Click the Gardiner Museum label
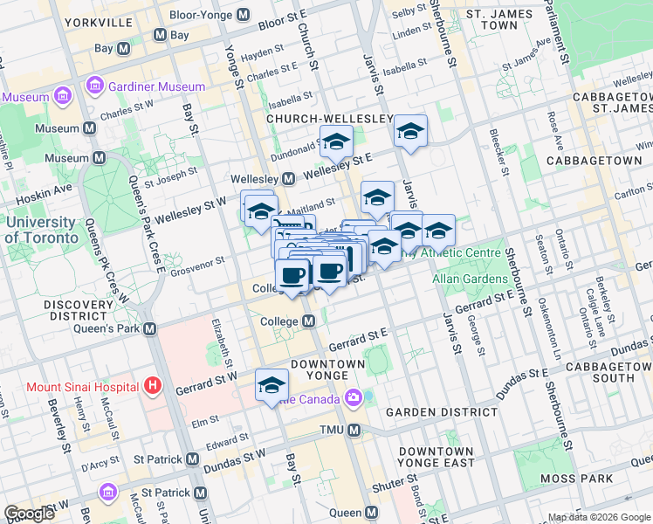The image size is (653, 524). coord(157,86)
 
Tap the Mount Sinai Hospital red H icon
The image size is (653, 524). coord(154,384)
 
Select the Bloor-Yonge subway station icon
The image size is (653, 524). coord(243,16)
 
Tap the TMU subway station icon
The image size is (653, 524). coord(354,430)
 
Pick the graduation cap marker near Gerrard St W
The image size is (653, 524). coord(272,384)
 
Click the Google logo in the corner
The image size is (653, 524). coord(30,514)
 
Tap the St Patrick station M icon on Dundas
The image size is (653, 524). coord(193,459)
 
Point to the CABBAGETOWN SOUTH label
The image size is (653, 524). coord(601,372)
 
